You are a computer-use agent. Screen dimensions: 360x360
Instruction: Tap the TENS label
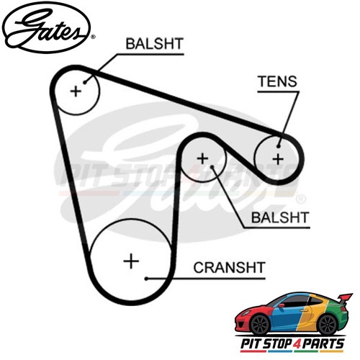click(278, 81)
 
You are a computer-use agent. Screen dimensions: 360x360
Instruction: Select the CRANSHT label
click(229, 268)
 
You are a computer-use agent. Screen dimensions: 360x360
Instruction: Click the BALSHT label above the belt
click(154, 44)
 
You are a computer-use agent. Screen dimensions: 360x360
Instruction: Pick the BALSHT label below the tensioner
click(280, 217)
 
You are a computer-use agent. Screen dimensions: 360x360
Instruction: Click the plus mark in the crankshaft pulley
click(131, 261)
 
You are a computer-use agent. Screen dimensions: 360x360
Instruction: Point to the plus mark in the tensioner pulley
click(278, 159)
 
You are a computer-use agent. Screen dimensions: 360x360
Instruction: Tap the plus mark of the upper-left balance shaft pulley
click(76, 91)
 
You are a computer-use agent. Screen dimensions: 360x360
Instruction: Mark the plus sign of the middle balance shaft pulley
click(202, 158)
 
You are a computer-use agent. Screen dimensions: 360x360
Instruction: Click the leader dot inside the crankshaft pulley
click(146, 279)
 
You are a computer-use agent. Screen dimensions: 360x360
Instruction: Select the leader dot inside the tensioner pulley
click(279, 146)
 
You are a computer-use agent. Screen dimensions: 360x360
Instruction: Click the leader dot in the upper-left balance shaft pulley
click(85, 83)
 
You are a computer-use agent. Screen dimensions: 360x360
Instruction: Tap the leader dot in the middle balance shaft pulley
click(212, 166)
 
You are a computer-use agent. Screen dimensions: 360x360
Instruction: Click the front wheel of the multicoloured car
click(260, 325)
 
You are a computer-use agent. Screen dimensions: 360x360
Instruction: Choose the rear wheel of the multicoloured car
click(327, 324)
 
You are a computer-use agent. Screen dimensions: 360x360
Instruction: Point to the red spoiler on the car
click(345, 298)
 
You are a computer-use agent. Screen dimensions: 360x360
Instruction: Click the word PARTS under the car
click(320, 344)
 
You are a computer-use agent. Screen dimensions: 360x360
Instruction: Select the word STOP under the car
click(274, 344)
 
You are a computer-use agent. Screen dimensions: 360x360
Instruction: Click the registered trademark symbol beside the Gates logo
click(94, 37)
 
